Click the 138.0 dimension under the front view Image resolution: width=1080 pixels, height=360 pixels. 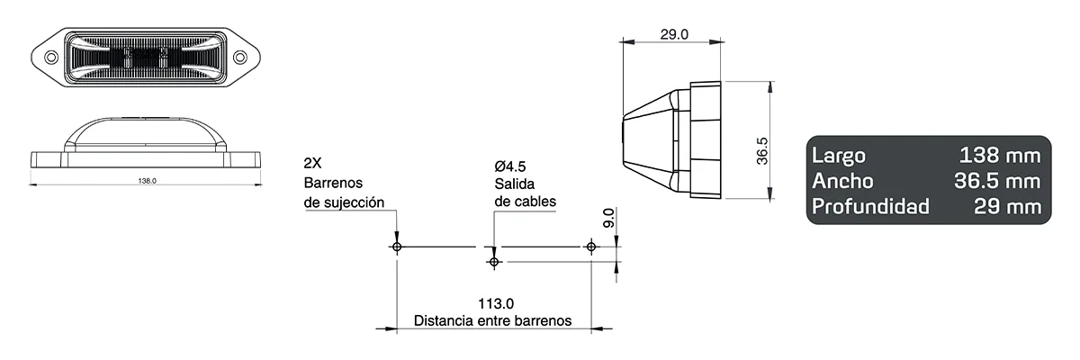click(x=148, y=181)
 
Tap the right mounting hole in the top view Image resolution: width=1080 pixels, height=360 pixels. click(x=240, y=57)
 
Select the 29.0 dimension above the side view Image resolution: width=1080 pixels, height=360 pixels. click(x=674, y=35)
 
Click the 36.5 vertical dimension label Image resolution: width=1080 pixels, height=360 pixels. click(x=761, y=150)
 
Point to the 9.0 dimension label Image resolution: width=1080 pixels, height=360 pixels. click(x=608, y=218)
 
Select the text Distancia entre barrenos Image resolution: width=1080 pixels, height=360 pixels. click(x=491, y=320)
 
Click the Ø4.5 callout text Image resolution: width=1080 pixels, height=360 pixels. click(x=510, y=166)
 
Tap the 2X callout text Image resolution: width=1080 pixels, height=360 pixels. click(x=313, y=165)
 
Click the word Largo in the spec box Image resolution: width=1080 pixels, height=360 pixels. click(x=838, y=154)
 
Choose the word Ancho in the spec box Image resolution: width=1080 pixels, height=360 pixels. click(x=842, y=181)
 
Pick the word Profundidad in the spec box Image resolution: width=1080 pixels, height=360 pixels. click(x=870, y=208)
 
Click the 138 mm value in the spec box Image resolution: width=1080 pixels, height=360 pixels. click(x=1001, y=154)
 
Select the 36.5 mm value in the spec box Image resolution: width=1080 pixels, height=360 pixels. click(x=996, y=181)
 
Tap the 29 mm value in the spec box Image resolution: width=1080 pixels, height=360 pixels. click(x=1008, y=208)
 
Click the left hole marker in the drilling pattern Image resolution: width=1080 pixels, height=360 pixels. click(x=397, y=246)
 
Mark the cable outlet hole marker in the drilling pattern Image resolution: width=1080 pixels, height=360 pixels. click(x=493, y=261)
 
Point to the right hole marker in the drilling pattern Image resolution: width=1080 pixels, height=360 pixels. click(x=590, y=246)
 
